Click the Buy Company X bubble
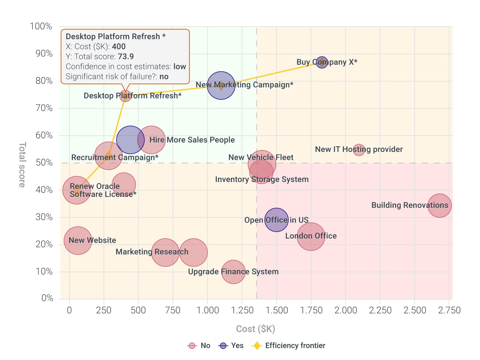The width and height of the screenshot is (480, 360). pos(322,62)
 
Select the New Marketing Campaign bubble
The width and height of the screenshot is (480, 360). pos(221,86)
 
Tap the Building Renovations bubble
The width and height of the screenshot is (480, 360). pos(440,206)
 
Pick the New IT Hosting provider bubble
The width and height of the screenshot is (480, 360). pos(359,150)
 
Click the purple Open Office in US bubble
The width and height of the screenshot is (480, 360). pos(276,220)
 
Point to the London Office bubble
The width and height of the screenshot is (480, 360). pos(311,236)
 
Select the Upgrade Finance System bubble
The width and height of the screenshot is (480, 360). pos(233,272)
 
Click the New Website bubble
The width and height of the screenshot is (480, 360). pos(78,241)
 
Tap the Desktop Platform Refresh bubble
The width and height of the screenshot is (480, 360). pos(125,96)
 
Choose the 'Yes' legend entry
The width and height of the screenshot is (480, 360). pos(231,346)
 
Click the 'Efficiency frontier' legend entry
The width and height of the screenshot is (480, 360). pos(289,346)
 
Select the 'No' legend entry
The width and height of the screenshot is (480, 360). pos(199,346)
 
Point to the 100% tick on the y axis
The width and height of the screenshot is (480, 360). pos(41,26)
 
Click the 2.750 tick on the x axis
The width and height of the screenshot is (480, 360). pos(449,310)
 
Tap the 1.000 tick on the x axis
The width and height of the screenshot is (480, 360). pos(208,310)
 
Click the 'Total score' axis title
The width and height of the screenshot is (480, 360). pos(22,165)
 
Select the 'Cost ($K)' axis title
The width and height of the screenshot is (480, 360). pos(255,329)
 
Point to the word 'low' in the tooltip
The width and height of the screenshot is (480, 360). pos(180,67)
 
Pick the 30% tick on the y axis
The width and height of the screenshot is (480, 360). pos(44,217)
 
